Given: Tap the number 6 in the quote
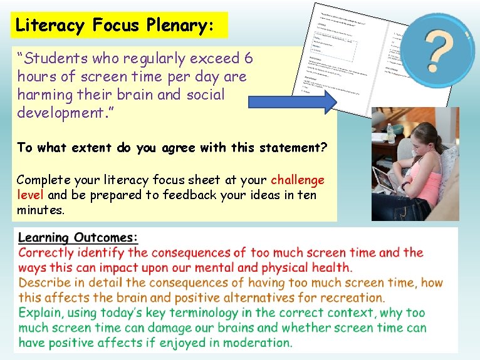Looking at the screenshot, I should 248,59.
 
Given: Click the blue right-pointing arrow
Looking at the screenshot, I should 293,103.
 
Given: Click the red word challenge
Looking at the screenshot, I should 298,180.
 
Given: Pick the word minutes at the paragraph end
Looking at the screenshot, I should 40,210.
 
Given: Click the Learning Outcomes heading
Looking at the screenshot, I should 78,238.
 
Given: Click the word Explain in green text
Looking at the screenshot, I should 41,313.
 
